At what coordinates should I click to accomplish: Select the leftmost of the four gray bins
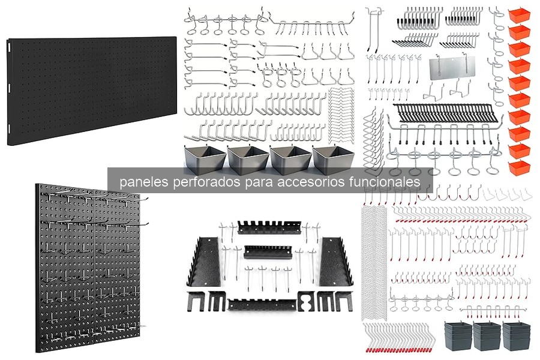click(x=205, y=159)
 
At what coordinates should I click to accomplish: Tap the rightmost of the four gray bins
click(x=334, y=159)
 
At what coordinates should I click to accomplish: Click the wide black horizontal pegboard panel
click(x=92, y=91)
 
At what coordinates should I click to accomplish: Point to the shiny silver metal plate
click(x=451, y=69)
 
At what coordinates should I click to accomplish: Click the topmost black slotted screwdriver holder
click(x=269, y=227)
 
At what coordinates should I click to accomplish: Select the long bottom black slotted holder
click(x=262, y=305)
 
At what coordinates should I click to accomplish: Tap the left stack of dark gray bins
click(x=458, y=336)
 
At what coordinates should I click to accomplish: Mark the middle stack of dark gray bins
click(x=487, y=336)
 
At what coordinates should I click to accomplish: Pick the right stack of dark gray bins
click(x=516, y=336)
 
